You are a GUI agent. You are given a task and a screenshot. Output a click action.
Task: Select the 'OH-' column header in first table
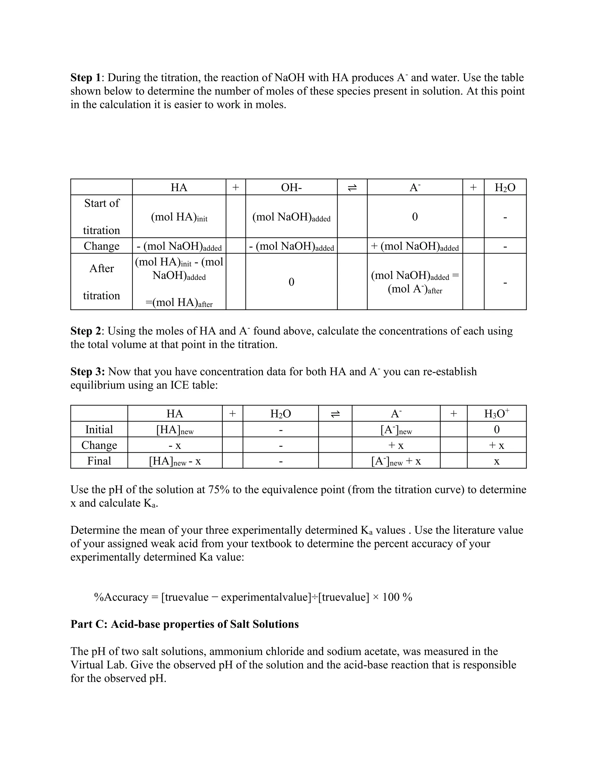tap(291, 187)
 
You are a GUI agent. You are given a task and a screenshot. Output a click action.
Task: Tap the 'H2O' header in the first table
tap(505, 187)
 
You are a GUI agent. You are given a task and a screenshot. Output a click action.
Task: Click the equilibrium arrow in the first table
tap(352, 188)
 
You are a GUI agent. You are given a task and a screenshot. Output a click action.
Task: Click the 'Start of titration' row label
tap(102, 216)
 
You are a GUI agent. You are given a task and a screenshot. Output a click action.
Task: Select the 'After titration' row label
tap(102, 282)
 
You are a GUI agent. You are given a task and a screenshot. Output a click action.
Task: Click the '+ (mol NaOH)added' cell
tap(415, 246)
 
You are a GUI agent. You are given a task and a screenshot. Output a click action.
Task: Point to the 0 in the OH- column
tap(291, 282)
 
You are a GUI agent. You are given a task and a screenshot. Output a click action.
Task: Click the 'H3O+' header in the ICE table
tap(496, 413)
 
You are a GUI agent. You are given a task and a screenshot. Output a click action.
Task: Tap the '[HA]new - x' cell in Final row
tap(175, 461)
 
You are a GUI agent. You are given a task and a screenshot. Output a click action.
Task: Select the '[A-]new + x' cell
tap(396, 461)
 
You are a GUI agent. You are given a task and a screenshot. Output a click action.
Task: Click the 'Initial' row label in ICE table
tap(99, 429)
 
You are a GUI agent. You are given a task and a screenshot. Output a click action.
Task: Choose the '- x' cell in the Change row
tap(175, 445)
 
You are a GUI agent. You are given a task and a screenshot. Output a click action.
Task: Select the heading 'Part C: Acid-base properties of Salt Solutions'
tap(185, 624)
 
